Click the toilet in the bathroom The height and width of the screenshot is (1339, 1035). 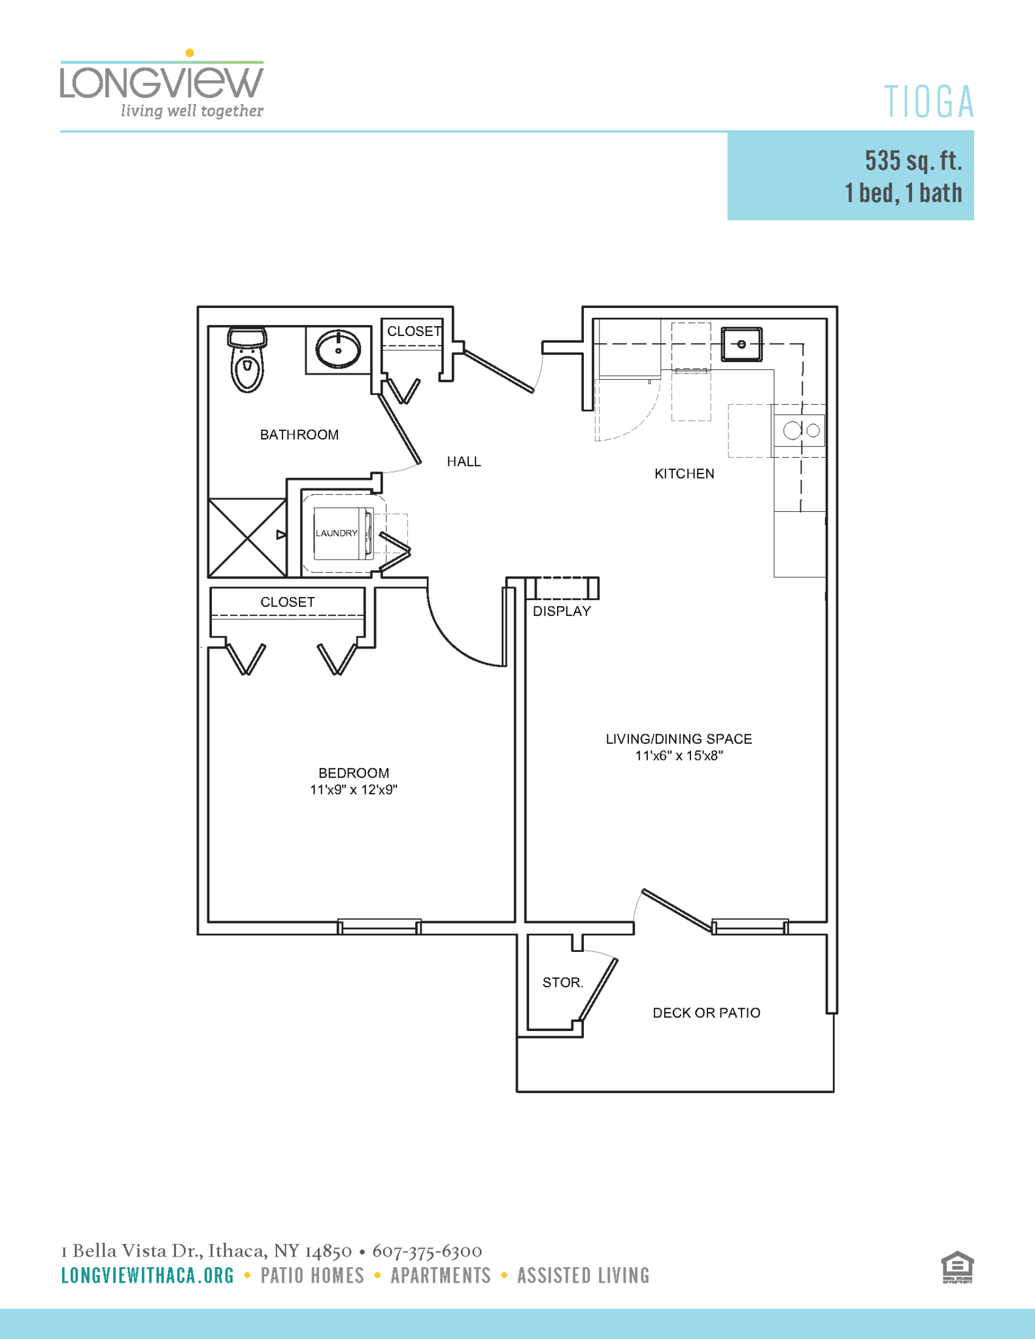coord(247,361)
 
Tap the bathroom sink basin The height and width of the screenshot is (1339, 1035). coord(338,349)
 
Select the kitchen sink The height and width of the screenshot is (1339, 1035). coord(741,345)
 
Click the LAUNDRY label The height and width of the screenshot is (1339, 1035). coord(337,534)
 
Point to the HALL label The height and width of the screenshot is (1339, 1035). coord(464,462)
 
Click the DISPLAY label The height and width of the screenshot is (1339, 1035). coord(562,611)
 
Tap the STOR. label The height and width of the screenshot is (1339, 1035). coord(562,983)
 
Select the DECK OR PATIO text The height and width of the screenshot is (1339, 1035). coord(706,1013)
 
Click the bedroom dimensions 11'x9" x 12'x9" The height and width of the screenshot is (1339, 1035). coord(354,790)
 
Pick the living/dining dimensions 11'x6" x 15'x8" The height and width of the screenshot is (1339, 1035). coord(679,756)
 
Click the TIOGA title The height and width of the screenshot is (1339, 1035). coord(929,103)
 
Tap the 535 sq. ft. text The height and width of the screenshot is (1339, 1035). coord(913,161)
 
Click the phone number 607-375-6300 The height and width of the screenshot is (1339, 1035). coord(427,1251)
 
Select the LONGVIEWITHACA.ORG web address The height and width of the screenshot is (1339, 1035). coord(148,1276)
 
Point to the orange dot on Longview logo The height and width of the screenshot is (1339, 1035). coord(190,53)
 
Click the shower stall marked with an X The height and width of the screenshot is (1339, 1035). coord(247,538)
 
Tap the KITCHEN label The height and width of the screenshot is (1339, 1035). coord(684,474)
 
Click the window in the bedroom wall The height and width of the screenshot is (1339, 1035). coord(379,927)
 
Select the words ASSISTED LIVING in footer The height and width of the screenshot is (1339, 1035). coord(583,1276)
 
